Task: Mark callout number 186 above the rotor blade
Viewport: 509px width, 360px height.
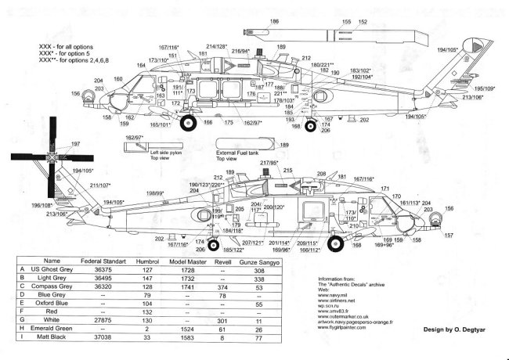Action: click(274, 22)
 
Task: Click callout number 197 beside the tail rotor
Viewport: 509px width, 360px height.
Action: click(74, 144)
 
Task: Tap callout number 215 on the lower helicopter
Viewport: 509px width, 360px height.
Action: click(287, 170)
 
